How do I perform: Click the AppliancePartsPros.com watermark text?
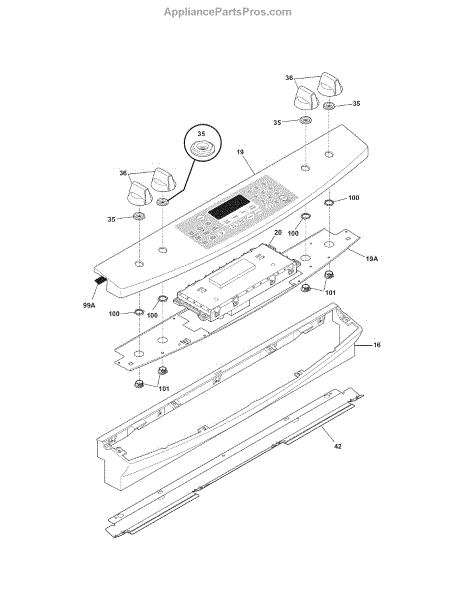[x=228, y=12]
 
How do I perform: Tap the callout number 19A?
[x=371, y=259]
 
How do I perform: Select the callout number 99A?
[x=89, y=305]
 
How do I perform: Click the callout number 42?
[x=337, y=446]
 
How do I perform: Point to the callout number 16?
[x=377, y=345]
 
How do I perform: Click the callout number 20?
[x=278, y=233]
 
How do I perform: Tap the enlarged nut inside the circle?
[x=203, y=147]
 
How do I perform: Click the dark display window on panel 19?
[x=229, y=208]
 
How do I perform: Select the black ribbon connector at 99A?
[x=100, y=280]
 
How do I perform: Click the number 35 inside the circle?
[x=201, y=134]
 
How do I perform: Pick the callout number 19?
[x=240, y=152]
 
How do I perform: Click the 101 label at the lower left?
[x=164, y=389]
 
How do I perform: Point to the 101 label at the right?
[x=330, y=293]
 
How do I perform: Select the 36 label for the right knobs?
[x=289, y=78]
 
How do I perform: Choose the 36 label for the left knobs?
[x=123, y=173]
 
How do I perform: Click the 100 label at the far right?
[x=354, y=198]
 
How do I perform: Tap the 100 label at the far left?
[x=114, y=314]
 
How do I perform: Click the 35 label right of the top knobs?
[x=356, y=104]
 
